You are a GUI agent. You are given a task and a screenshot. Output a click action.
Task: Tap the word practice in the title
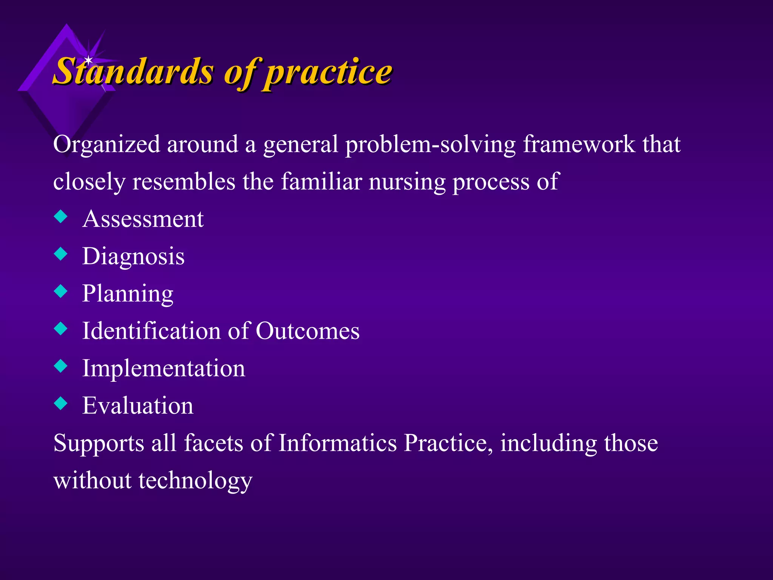[x=328, y=72]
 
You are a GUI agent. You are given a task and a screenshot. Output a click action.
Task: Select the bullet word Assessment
[x=143, y=219]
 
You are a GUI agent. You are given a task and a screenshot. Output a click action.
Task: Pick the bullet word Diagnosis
[x=133, y=256]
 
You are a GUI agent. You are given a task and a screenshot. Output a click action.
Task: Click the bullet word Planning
[x=128, y=294]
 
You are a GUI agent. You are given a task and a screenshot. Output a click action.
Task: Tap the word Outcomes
[x=307, y=331]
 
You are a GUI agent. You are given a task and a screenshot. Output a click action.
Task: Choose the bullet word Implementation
[x=163, y=368]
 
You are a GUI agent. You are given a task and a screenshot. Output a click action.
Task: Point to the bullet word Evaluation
[x=138, y=406]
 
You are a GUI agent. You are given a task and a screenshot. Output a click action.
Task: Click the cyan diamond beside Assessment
[x=60, y=217]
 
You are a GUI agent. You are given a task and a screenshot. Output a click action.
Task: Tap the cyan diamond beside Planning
[x=60, y=291]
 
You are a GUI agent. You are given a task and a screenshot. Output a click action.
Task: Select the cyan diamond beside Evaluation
[x=60, y=403]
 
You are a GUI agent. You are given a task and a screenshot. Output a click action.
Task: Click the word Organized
[x=106, y=145]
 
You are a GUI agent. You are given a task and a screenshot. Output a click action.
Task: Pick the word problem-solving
[x=430, y=145]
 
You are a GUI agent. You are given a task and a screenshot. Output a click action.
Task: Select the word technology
[x=195, y=481]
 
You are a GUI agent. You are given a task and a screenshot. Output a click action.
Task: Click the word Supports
[x=99, y=443]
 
